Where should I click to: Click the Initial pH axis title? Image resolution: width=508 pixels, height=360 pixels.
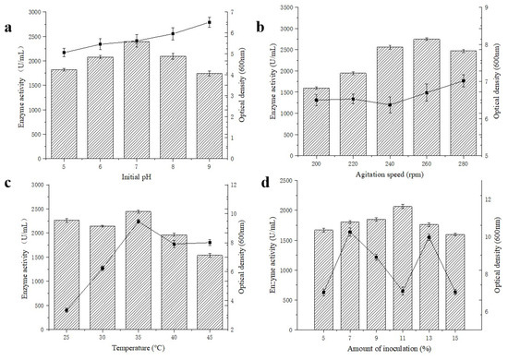coord(137,175)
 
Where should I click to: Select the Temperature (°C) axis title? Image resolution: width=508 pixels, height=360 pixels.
coord(136,352)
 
